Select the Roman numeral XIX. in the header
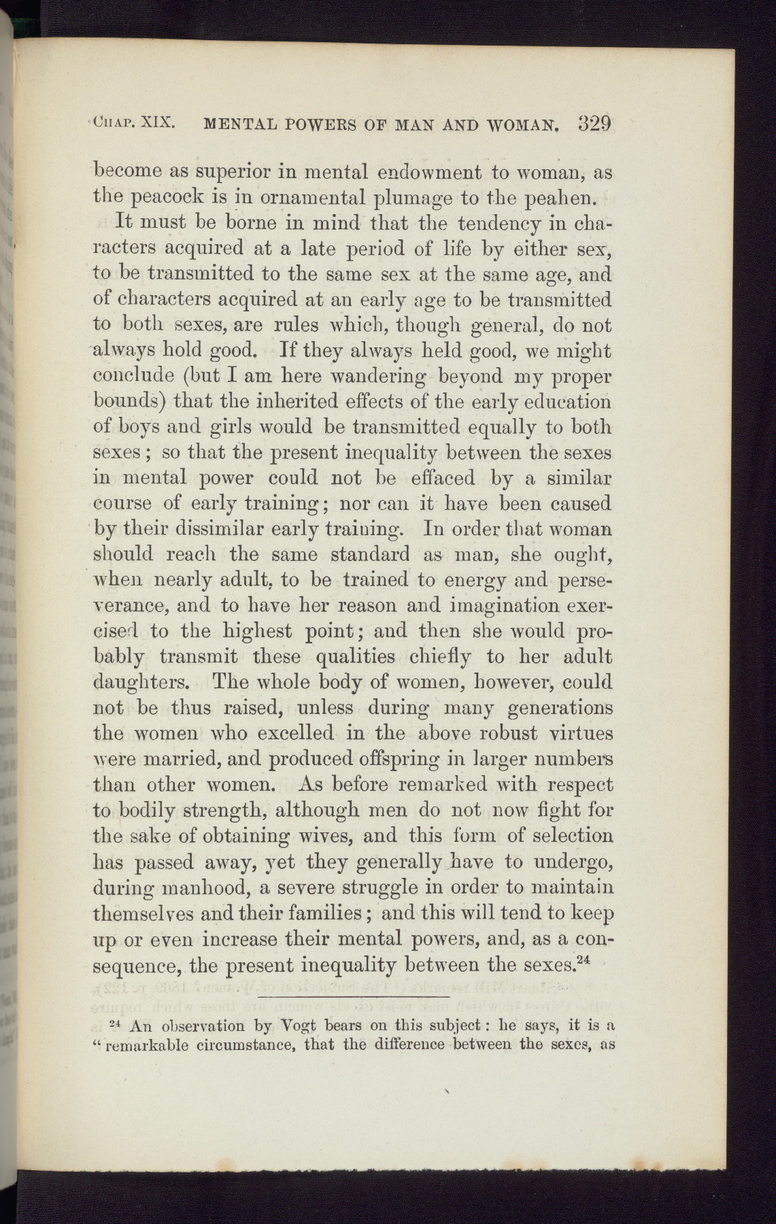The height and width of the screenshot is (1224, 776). (161, 124)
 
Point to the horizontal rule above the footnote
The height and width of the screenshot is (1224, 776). (354, 997)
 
